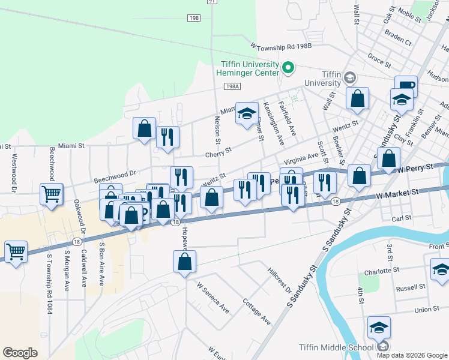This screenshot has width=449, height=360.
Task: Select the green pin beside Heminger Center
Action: [x=288, y=67]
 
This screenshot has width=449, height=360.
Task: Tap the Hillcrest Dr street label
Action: [x=280, y=281]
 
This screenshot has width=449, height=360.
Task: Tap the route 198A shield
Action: [x=233, y=86]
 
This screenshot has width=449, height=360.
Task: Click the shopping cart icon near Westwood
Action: [x=52, y=194]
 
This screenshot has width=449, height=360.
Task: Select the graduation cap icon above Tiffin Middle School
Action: [x=379, y=328]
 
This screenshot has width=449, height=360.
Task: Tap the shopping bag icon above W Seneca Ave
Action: [x=185, y=261]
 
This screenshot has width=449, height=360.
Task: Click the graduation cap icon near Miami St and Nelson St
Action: [x=246, y=113]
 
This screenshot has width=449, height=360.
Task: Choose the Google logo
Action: [x=20, y=353]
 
